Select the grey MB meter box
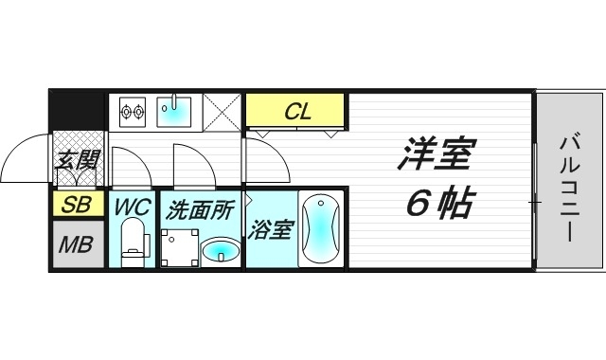tap(77, 244)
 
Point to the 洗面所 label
tap(200, 209)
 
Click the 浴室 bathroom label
tap(270, 230)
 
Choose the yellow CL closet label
tap(297, 112)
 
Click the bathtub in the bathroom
tap(319, 229)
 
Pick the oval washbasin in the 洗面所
tap(221, 251)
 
